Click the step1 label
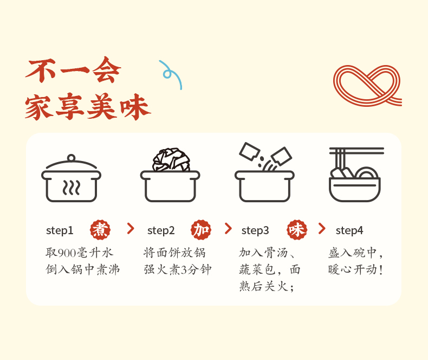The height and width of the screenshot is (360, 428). coord(60,230)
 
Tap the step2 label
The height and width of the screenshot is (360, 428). coord(161,230)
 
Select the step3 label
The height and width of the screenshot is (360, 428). coord(255,230)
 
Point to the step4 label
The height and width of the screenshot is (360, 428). coord(349,230)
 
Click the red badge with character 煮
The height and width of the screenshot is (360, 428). coord(100,230)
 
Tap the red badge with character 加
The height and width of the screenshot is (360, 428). coord(201,230)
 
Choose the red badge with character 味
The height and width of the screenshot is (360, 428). coord(297,230)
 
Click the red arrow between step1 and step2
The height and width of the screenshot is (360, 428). coord(131,228)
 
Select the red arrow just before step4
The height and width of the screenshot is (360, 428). coord(322,228)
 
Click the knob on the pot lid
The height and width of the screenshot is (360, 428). coord(71,158)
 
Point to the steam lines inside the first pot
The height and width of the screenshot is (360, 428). coord(72,188)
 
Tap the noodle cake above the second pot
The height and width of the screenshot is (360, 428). coord(171,160)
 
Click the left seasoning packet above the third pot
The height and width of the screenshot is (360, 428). coord(249,151)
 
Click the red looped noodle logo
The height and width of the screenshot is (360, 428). coord(367,86)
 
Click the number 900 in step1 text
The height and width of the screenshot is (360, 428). coord(66,253)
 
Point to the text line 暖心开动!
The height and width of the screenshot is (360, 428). coord(355,269)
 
